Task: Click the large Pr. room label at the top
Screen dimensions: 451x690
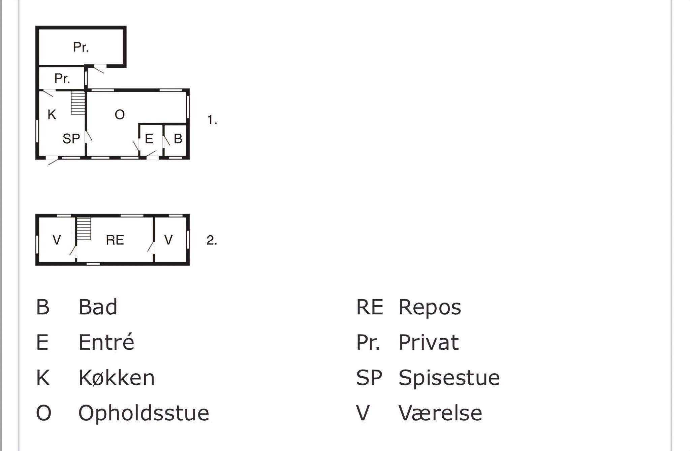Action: [81, 47]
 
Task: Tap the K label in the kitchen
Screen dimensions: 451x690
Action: [52, 115]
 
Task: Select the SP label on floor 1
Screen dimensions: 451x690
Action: [71, 139]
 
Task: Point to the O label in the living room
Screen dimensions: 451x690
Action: [120, 115]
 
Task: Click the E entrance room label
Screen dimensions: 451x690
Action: [149, 139]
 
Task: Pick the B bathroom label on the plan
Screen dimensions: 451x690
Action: [178, 139]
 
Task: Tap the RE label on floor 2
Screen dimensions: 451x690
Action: [115, 240]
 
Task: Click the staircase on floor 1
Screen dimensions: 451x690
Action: [78, 103]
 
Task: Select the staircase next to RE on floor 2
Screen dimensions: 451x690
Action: [84, 229]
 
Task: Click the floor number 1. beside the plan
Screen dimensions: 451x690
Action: [212, 120]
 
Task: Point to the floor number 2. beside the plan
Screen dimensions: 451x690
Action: [212, 240]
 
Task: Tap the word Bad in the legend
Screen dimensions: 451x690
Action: [98, 307]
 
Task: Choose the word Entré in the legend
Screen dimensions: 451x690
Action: [106, 342]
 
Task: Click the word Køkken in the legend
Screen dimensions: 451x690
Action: [116, 378]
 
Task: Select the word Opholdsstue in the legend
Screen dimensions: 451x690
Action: [144, 413]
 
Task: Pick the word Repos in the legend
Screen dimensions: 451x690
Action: [430, 307]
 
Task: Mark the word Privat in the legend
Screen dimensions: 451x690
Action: [429, 342]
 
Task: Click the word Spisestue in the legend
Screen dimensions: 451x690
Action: [449, 378]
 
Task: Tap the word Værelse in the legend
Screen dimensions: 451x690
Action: [440, 413]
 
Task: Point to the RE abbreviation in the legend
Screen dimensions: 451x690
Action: [370, 307]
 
